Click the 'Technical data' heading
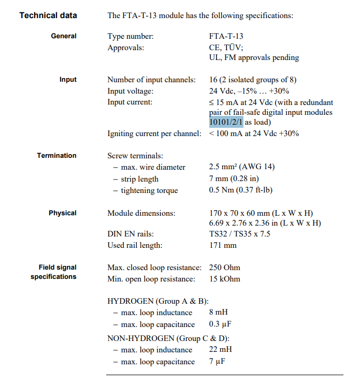click(48, 15)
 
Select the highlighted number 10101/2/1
click(226, 122)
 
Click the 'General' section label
click(64, 36)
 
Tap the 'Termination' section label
click(56, 155)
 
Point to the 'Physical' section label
click(63, 213)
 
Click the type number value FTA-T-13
click(226, 36)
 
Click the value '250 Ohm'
click(225, 268)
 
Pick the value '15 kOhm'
click(225, 279)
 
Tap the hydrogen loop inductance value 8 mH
click(219, 313)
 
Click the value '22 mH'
click(221, 350)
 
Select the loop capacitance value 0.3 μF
click(220, 324)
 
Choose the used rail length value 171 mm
click(223, 245)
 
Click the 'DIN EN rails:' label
click(131, 234)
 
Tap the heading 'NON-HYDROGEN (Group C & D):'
click(168, 338)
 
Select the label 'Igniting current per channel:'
click(154, 134)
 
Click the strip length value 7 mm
click(234, 179)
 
